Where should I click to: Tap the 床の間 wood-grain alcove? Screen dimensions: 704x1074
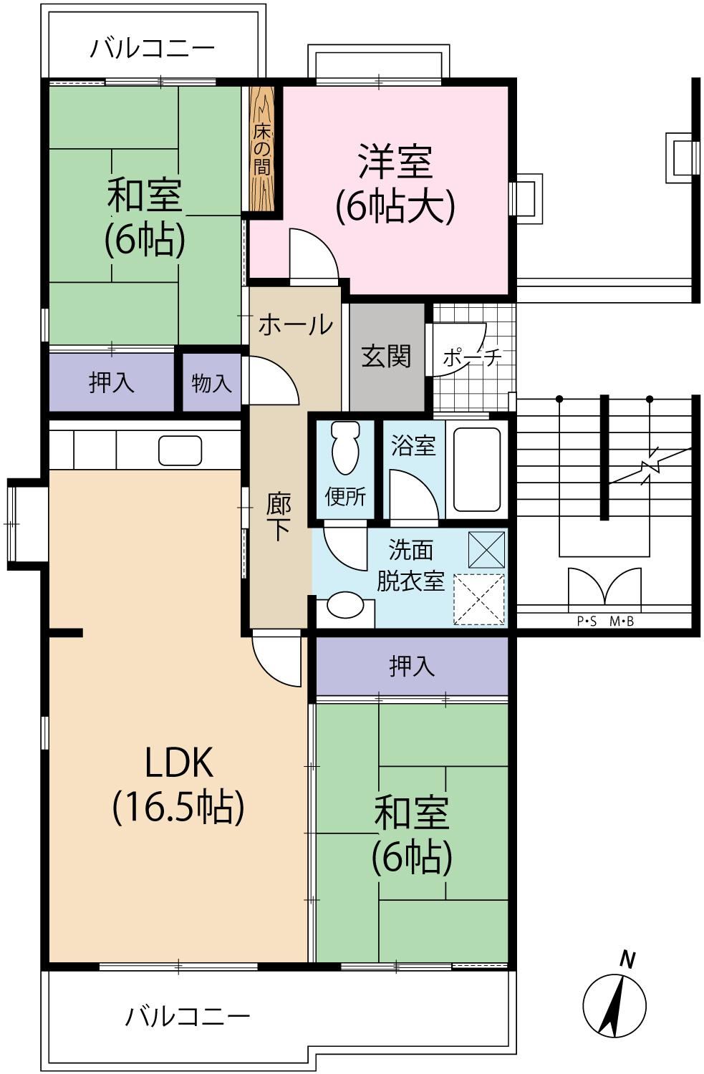[262, 148]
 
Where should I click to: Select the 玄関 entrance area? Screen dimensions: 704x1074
[387, 357]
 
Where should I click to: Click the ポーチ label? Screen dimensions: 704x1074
[473, 357]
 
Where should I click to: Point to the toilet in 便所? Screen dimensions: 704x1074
[345, 447]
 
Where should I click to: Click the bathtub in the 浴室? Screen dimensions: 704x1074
[477, 470]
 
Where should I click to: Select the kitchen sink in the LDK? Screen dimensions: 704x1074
[180, 450]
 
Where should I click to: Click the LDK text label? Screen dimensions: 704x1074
[178, 763]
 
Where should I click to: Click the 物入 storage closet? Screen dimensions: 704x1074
[211, 383]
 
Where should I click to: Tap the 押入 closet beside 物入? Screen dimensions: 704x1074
[111, 382]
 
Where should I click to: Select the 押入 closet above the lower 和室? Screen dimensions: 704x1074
[412, 665]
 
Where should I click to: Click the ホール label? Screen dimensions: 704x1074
[295, 324]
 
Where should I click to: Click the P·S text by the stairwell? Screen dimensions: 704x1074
[587, 622]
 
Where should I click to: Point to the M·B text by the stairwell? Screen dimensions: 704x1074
[622, 622]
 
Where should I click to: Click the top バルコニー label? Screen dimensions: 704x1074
[153, 49]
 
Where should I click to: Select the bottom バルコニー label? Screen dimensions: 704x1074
[188, 1016]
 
